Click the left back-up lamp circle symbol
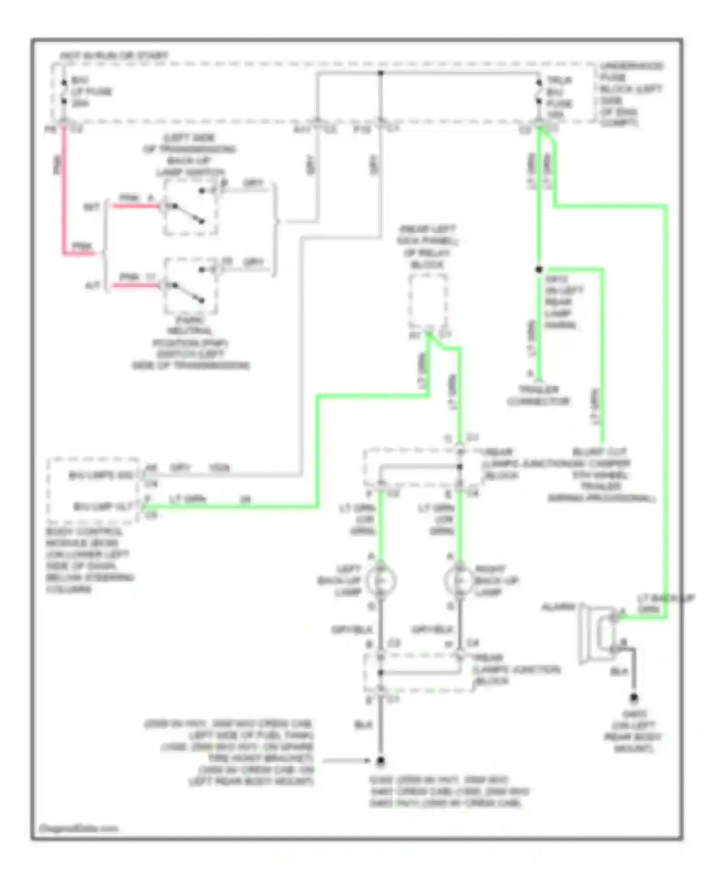point(381,581)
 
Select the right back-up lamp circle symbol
point(459,581)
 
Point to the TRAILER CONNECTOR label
point(538,395)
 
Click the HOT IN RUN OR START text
point(114,56)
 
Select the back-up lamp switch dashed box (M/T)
point(190,207)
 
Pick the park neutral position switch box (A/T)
point(190,286)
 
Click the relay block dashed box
point(428,301)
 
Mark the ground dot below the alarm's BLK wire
point(633,698)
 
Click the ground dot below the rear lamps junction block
point(380,761)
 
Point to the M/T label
point(92,207)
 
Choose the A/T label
point(93,286)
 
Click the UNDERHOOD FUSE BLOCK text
point(631,94)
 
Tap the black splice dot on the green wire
point(539,269)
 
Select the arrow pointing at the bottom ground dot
point(347,761)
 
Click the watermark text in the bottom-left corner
point(78,829)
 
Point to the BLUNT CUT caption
point(601,475)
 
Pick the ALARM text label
point(558,607)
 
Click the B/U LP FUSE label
point(91,92)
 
